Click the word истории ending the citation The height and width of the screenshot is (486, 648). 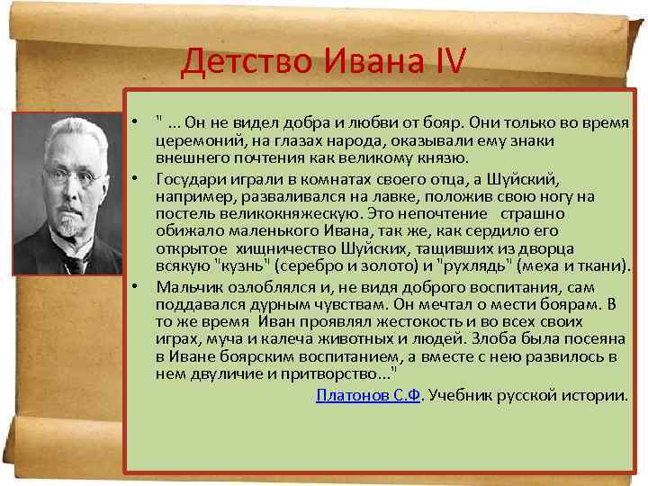[600, 395]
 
